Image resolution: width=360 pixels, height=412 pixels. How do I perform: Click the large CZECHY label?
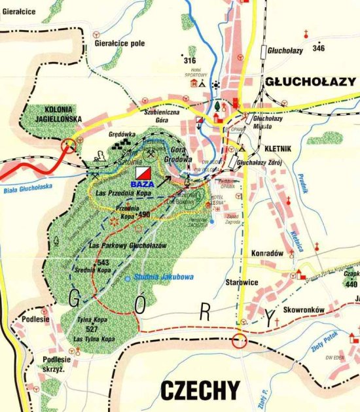[x=200, y=390]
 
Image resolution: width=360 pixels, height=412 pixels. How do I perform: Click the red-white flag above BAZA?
[x=143, y=173]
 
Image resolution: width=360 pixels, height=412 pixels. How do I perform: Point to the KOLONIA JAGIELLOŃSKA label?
[x=54, y=114]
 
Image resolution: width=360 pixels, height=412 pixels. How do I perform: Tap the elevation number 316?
[x=190, y=60]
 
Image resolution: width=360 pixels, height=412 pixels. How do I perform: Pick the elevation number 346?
[x=319, y=48]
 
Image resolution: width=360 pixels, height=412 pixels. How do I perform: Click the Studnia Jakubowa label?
[x=163, y=277]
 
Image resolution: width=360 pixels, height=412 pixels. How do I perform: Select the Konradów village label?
[x=266, y=252]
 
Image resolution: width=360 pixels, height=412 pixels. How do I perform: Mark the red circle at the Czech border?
[x=240, y=340]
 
